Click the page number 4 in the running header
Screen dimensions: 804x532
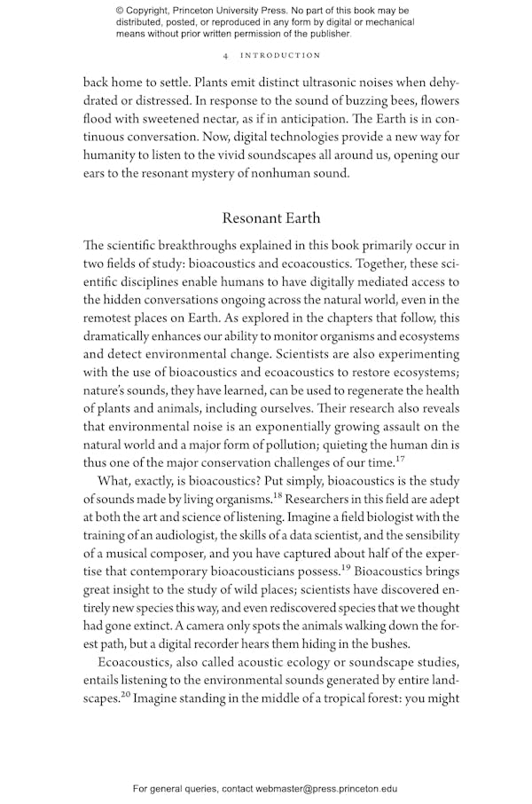coord(226,55)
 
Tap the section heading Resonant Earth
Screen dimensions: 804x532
coord(271,217)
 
